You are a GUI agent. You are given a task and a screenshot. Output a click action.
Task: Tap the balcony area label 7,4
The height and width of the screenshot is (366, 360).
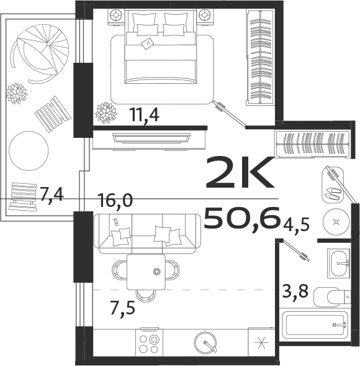[52, 195]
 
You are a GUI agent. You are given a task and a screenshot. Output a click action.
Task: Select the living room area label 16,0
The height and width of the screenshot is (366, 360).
[115, 200]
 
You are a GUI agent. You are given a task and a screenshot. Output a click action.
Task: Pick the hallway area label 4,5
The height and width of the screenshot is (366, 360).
[297, 222]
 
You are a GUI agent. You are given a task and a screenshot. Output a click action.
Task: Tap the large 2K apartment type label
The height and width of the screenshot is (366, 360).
[239, 173]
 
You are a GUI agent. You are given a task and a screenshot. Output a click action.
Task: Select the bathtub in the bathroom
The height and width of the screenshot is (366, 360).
[313, 325]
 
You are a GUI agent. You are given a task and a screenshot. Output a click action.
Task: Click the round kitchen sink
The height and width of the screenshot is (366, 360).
[206, 342]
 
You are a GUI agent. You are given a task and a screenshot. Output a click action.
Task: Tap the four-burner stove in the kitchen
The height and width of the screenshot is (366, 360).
[149, 344]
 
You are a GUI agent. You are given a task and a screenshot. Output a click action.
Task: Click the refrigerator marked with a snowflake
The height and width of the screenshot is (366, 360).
[259, 343]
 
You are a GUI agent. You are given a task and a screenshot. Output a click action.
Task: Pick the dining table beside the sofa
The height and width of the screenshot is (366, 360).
[146, 272]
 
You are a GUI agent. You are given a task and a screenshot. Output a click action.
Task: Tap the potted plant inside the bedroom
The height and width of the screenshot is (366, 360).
[106, 112]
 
